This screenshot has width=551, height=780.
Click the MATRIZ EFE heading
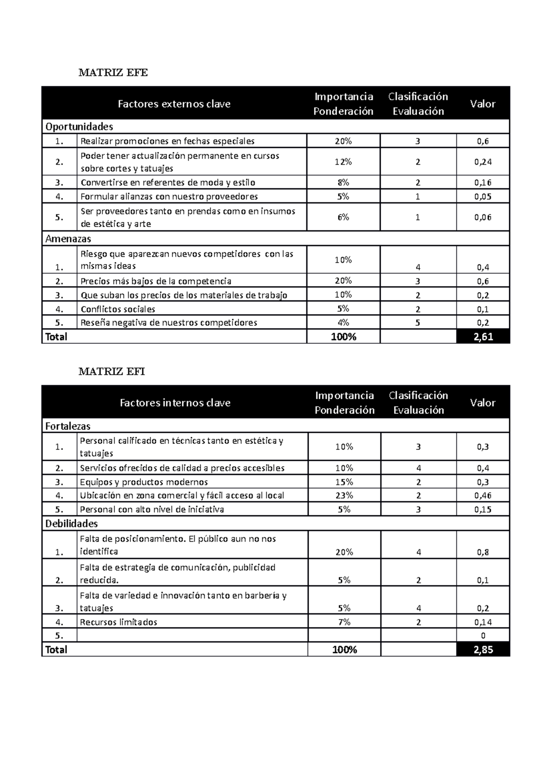(x=113, y=73)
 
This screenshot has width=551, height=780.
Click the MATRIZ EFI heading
(x=112, y=372)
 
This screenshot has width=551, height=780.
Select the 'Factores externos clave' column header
(x=174, y=104)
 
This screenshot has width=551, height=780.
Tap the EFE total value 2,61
(x=483, y=337)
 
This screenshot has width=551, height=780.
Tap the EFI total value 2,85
(x=483, y=650)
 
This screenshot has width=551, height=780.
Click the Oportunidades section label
(x=79, y=126)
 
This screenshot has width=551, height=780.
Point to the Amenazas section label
(x=68, y=239)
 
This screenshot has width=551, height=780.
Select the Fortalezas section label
(x=67, y=426)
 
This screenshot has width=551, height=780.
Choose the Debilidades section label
(x=71, y=524)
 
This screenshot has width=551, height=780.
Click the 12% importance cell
(x=343, y=162)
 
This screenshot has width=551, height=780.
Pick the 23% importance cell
(x=344, y=495)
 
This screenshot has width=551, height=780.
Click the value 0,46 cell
(x=483, y=495)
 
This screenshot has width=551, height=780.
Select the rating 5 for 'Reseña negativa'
(x=418, y=322)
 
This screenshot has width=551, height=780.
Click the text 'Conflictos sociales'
(x=118, y=309)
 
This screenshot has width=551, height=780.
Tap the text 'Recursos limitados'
(x=118, y=622)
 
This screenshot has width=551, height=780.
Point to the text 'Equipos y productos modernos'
(x=144, y=482)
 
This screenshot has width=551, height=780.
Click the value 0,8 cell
(x=483, y=552)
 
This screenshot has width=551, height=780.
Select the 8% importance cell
(x=343, y=182)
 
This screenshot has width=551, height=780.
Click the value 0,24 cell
(x=483, y=162)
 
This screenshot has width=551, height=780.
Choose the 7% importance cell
(x=344, y=622)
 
